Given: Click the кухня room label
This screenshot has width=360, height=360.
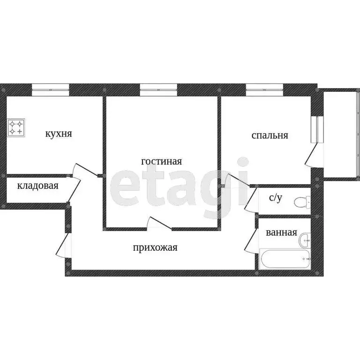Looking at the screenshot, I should tap(58, 134).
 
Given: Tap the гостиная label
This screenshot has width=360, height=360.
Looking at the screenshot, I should tap(161, 162).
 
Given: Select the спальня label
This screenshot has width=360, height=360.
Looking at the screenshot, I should tap(270, 136).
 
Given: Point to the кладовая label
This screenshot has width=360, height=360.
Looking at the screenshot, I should tap(37, 186).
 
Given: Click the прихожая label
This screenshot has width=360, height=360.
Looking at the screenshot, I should tap(155, 247).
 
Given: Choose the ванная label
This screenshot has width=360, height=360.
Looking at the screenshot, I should tap(281, 232).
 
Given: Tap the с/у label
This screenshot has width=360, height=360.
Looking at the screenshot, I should tap(275, 198).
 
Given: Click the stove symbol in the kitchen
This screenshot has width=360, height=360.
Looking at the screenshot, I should tap(16, 128).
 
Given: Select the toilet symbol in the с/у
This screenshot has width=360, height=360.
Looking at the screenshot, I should tap(300, 202).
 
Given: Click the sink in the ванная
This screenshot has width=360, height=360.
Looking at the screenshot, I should tap(305, 240).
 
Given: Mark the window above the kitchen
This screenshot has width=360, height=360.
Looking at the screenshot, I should tap(50, 88).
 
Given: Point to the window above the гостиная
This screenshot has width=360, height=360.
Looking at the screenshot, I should tap(158, 88).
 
